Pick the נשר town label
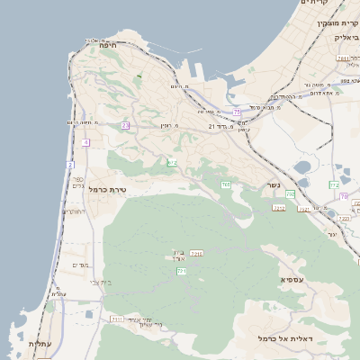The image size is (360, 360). [x=273, y=186]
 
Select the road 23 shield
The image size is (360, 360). [x=125, y=125]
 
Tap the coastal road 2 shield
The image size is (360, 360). [x=70, y=165]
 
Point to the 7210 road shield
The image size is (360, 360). [x=196, y=255]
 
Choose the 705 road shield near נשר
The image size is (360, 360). [x=226, y=184]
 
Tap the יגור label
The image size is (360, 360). [x=331, y=234]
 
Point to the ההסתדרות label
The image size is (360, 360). [x=286, y=97]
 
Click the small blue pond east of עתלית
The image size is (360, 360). [x=89, y=315]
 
